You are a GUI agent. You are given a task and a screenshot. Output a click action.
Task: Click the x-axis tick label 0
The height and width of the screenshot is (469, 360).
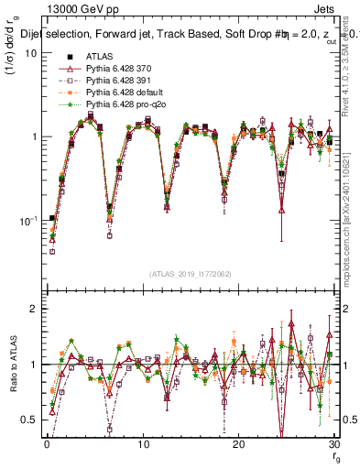47,443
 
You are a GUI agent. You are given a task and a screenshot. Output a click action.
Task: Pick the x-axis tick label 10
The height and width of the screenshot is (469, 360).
143,443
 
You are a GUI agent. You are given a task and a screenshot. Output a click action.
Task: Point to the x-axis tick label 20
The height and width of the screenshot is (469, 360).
239,443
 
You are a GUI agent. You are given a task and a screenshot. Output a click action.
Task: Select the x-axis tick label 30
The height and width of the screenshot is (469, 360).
334,443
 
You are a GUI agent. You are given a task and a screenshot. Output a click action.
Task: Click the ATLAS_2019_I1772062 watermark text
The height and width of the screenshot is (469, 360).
191,275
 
